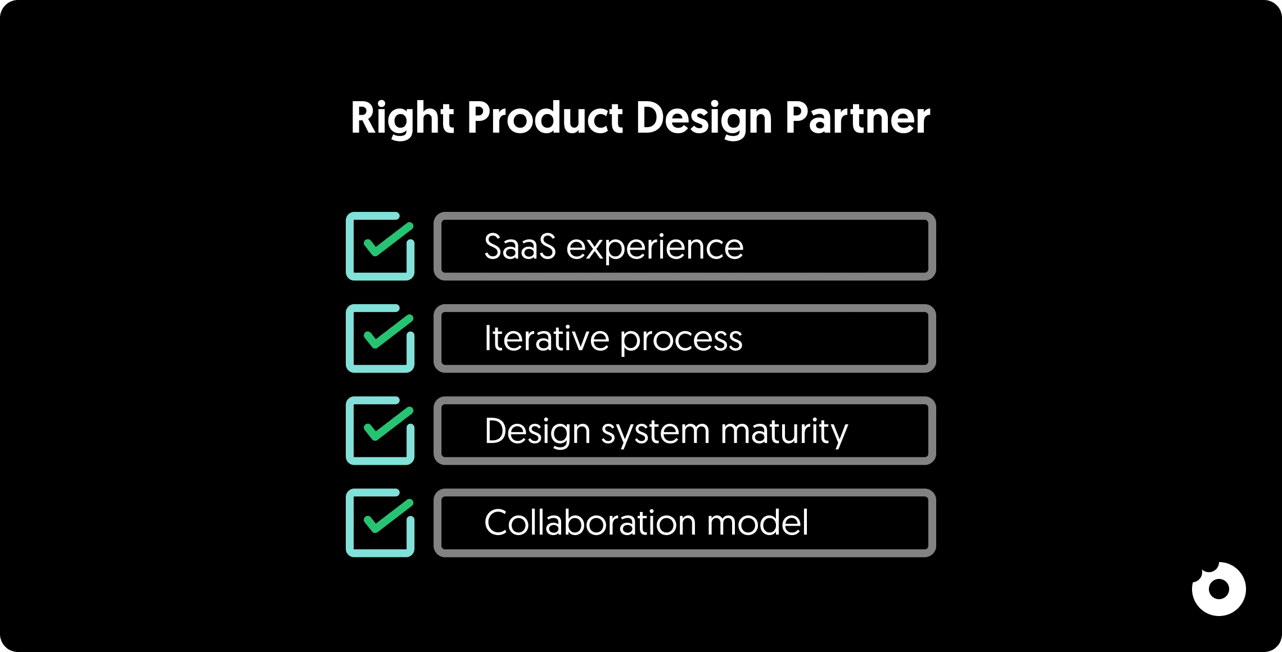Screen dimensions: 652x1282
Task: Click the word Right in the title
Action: [x=402, y=118]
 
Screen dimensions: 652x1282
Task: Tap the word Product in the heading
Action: [x=545, y=118]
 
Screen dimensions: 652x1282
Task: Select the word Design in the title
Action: [x=704, y=119]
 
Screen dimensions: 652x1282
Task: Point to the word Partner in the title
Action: [x=857, y=118]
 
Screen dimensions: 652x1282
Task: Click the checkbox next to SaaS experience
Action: [x=380, y=246]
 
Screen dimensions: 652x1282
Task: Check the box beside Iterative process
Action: [x=380, y=338]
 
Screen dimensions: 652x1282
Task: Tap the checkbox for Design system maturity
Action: [x=380, y=431]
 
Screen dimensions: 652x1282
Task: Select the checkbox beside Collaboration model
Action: [x=380, y=523]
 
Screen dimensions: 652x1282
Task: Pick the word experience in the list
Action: [x=654, y=247]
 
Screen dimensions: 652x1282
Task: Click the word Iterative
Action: [x=547, y=338]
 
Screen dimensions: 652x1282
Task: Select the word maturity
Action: [x=784, y=432]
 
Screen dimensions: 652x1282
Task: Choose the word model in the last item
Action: [x=757, y=523]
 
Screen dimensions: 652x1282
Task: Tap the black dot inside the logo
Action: [x=1219, y=589]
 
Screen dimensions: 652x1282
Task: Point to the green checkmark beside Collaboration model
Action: [x=389, y=516]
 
